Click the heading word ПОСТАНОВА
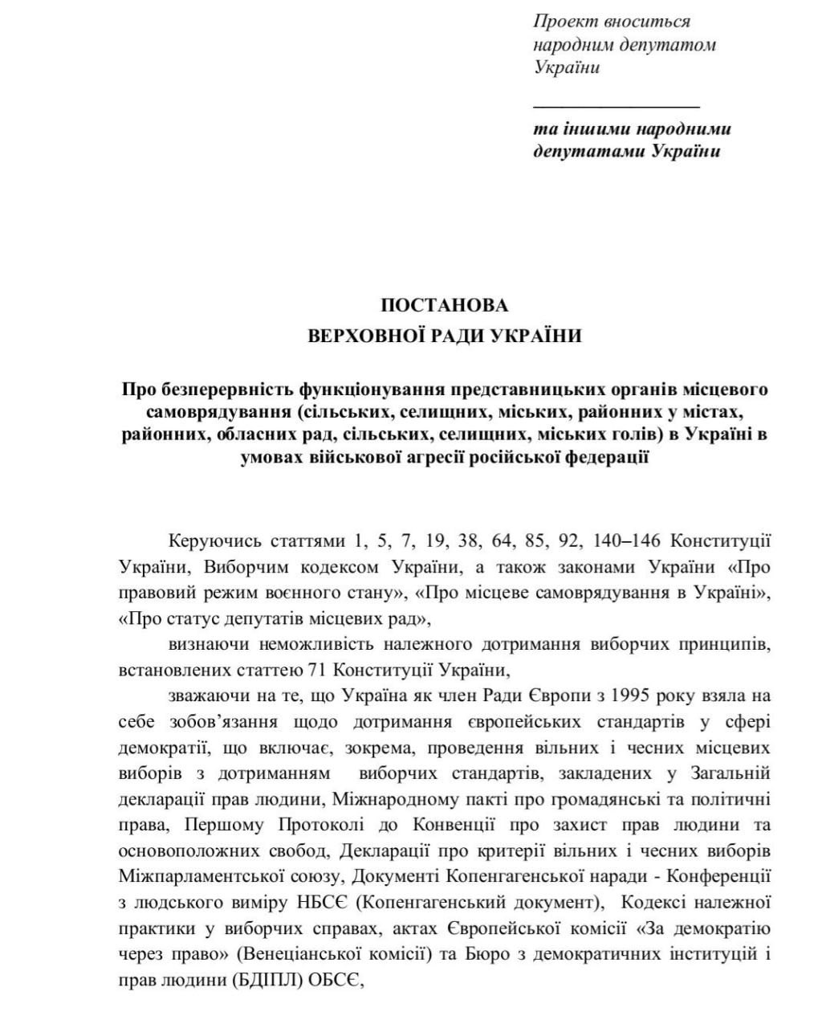(x=444, y=305)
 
